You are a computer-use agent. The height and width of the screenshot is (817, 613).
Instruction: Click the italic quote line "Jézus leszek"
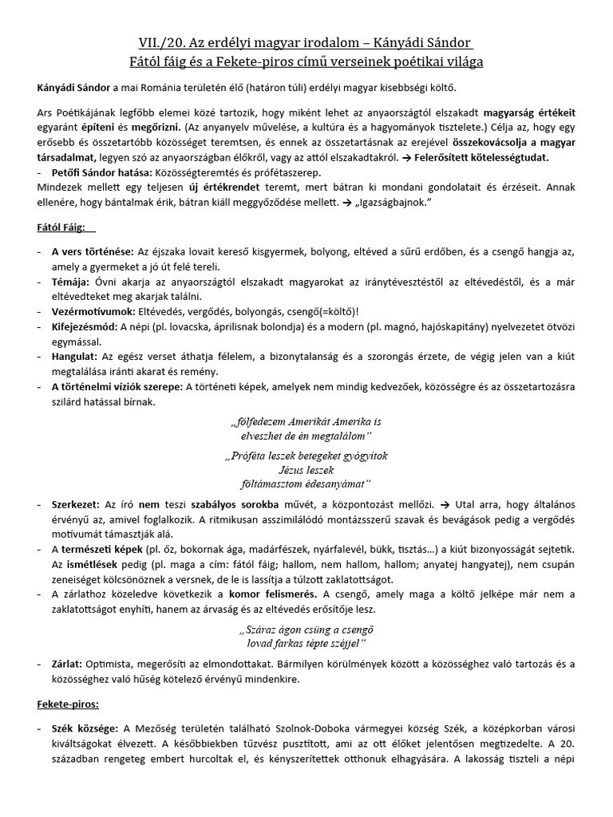[x=306, y=470]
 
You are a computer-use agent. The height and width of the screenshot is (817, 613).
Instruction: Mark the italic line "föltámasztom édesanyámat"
[x=306, y=483]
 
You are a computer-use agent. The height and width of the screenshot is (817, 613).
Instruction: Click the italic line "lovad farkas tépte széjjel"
[x=306, y=642]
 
